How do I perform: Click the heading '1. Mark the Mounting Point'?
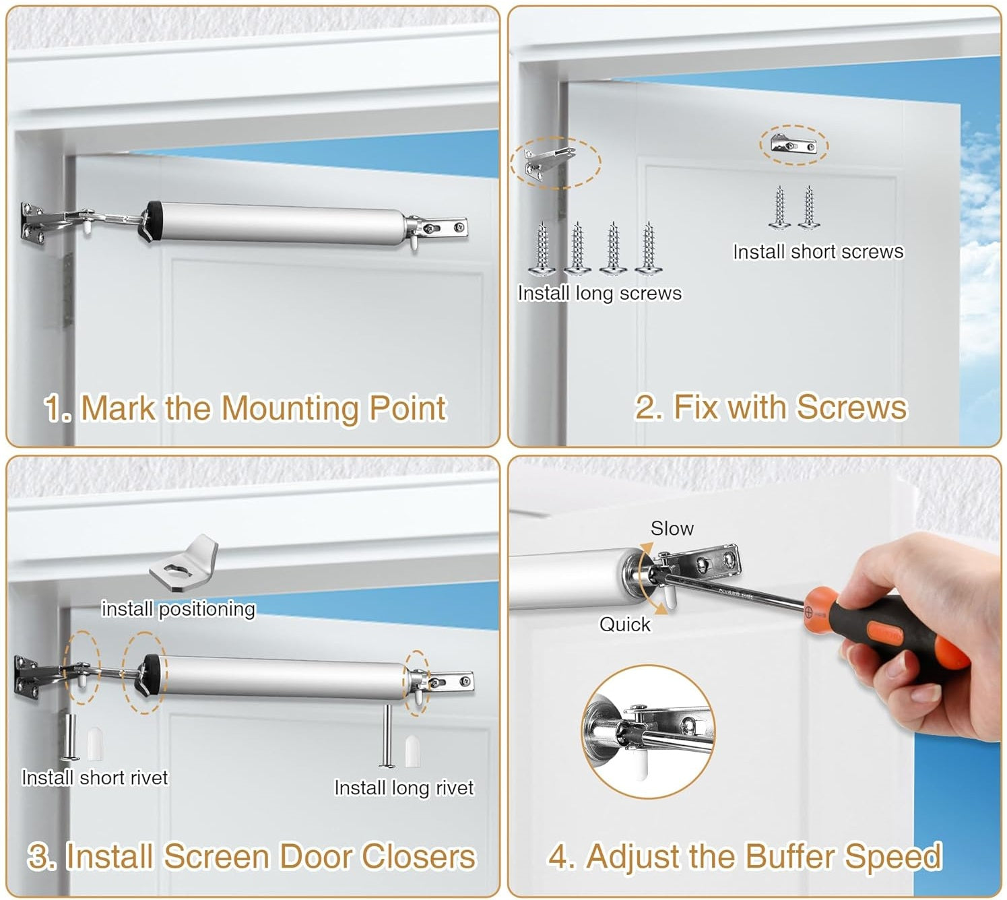coord(246,408)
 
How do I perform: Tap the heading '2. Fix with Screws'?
coord(771,408)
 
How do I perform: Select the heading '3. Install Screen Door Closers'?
coord(252,856)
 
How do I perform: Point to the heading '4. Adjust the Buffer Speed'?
coord(745,858)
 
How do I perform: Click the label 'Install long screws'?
coord(599,293)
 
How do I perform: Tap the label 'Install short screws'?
coord(818,251)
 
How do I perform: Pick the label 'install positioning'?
coord(178,608)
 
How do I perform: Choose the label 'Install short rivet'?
coord(94,777)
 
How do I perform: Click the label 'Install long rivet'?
coord(403,788)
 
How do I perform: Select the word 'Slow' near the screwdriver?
coord(672,529)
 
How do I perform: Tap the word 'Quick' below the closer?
coord(625,624)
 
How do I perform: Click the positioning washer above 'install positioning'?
coord(184,562)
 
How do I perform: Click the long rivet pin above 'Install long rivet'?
coord(387,736)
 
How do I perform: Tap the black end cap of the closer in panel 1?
coord(152,222)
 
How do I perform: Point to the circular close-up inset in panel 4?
coord(649,732)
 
